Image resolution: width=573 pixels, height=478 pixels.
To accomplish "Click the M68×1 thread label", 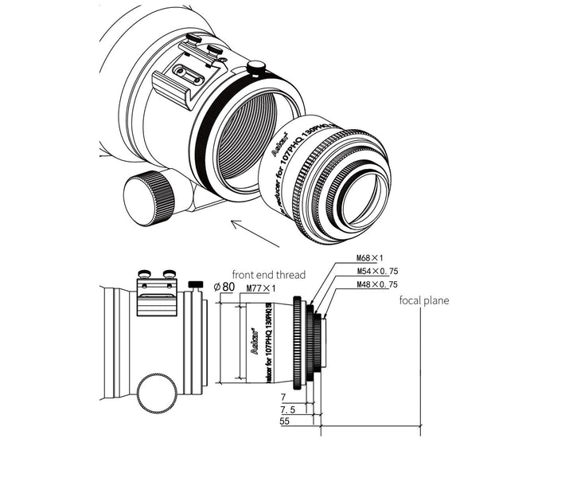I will (x=370, y=257).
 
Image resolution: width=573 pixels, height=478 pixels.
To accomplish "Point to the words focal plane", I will (x=424, y=300).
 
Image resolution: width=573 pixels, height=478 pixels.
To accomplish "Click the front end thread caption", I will (x=268, y=275).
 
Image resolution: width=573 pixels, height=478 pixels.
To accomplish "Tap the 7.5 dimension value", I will (x=288, y=409).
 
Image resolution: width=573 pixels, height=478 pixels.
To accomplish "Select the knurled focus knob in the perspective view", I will (x=150, y=198).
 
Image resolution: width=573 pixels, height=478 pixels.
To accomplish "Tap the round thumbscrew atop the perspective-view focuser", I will (x=256, y=68).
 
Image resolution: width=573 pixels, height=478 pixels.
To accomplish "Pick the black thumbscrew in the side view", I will (x=194, y=284).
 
